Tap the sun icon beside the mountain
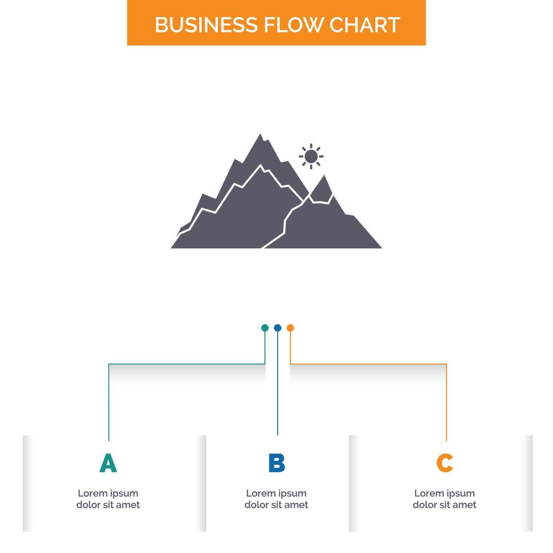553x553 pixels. tap(311, 156)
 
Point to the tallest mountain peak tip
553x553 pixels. tap(260, 135)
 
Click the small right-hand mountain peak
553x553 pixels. tap(323, 177)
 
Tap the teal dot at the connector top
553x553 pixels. tap(265, 328)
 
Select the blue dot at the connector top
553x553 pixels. tap(277, 328)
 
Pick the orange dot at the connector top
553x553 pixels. tap(290, 328)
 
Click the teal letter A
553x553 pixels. tap(108, 463)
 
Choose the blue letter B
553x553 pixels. tap(276, 463)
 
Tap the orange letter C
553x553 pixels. tap(445, 463)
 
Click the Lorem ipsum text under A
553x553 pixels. tap(108, 499)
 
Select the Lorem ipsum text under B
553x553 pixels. tap(276, 499)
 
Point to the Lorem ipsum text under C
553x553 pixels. tap(445, 499)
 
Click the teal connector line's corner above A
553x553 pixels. tap(109, 365)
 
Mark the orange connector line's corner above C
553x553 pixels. tap(446, 365)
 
